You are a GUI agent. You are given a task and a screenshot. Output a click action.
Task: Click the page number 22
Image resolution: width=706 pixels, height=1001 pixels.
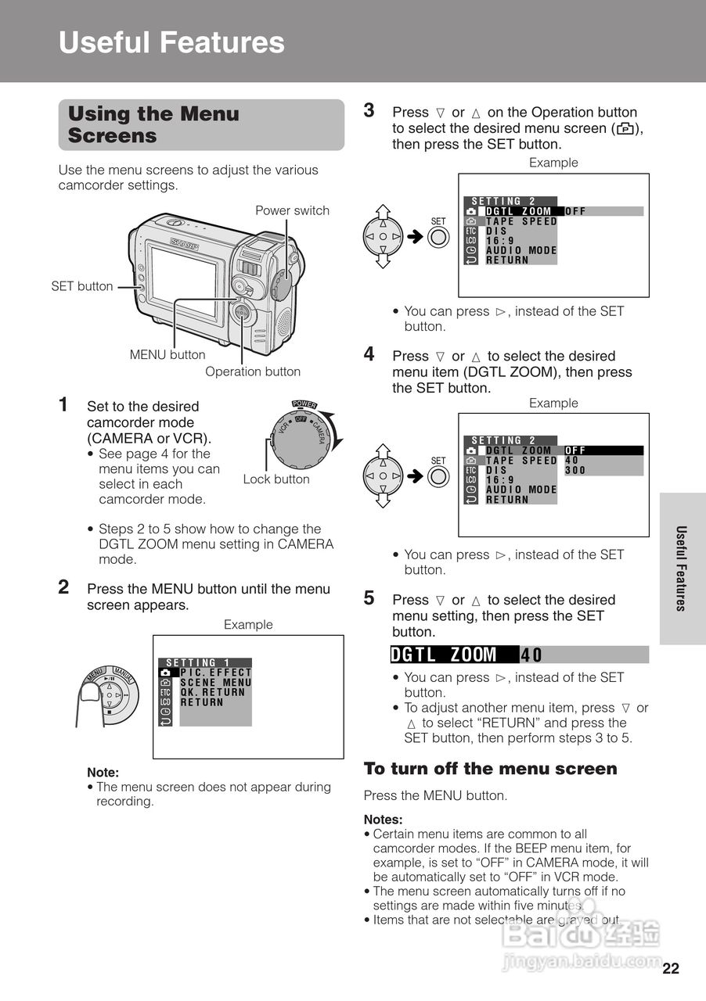coord(670,969)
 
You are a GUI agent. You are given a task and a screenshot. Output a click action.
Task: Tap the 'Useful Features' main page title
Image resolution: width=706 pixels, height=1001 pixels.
coord(171,42)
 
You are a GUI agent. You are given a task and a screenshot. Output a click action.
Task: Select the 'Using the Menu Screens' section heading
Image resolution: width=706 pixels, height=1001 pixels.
coord(153,124)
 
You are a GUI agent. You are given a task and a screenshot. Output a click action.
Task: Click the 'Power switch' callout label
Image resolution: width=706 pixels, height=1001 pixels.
coord(292,210)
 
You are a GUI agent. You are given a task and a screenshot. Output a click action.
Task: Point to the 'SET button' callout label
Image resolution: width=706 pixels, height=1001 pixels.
coord(82,286)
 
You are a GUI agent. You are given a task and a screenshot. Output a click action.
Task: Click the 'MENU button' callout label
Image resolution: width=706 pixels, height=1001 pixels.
coord(167,354)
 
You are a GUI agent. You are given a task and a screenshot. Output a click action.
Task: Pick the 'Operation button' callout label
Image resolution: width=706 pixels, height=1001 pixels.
coord(252,371)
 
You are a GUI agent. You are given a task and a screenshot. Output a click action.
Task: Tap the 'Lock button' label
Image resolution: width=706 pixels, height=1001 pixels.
coord(276,479)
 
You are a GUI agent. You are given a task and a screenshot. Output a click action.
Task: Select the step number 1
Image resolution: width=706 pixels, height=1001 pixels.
coord(64,404)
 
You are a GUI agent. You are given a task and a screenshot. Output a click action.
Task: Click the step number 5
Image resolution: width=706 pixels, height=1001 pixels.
coord(369,598)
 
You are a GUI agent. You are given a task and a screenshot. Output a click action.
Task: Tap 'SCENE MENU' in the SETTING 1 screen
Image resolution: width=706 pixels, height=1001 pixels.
coord(216,683)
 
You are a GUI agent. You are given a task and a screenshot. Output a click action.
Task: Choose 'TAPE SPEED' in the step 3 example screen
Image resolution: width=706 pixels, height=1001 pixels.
coord(521,221)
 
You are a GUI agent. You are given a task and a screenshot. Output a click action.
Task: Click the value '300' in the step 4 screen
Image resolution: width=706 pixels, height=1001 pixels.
coord(575,470)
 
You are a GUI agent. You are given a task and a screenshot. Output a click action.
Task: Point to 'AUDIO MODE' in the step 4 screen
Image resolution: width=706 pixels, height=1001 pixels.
coord(521,490)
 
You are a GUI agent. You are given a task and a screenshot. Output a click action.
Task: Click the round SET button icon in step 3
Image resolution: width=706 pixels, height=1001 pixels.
coord(438,236)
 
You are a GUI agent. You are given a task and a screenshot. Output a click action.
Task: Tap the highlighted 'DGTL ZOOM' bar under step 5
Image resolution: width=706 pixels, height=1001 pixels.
coord(454,655)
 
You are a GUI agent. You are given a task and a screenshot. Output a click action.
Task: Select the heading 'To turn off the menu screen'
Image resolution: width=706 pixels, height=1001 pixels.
coord(490,769)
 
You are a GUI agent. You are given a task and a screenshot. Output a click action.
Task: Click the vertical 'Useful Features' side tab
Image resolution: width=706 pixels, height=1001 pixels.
coord(681,568)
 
